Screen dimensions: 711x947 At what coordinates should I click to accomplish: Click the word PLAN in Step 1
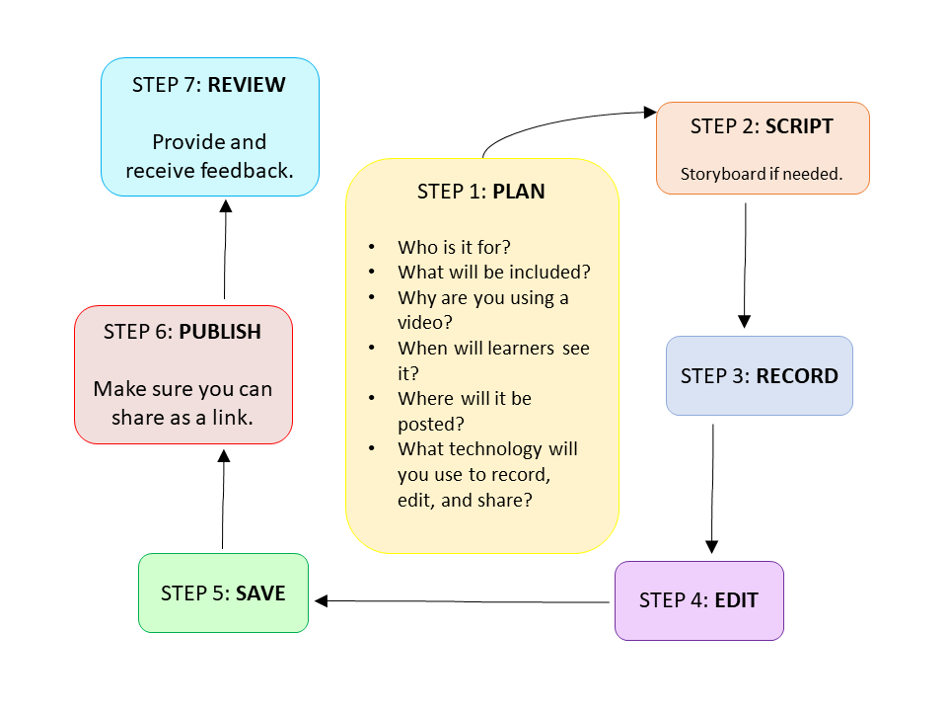click(x=518, y=192)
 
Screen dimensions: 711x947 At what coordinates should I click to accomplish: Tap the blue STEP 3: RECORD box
click(x=759, y=376)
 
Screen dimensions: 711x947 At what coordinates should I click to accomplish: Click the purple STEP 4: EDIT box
click(x=698, y=600)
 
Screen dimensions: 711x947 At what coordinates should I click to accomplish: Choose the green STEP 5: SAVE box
click(x=223, y=593)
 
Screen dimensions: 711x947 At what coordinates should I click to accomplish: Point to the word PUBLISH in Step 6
click(x=220, y=332)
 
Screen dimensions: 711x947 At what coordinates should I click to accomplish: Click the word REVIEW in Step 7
click(x=247, y=85)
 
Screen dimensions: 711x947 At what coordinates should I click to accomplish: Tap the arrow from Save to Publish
click(x=223, y=499)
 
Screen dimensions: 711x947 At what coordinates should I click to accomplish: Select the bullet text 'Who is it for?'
click(x=455, y=247)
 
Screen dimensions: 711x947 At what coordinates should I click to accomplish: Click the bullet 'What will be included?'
click(x=493, y=272)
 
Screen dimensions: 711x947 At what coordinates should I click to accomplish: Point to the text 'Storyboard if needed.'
click(x=762, y=174)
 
